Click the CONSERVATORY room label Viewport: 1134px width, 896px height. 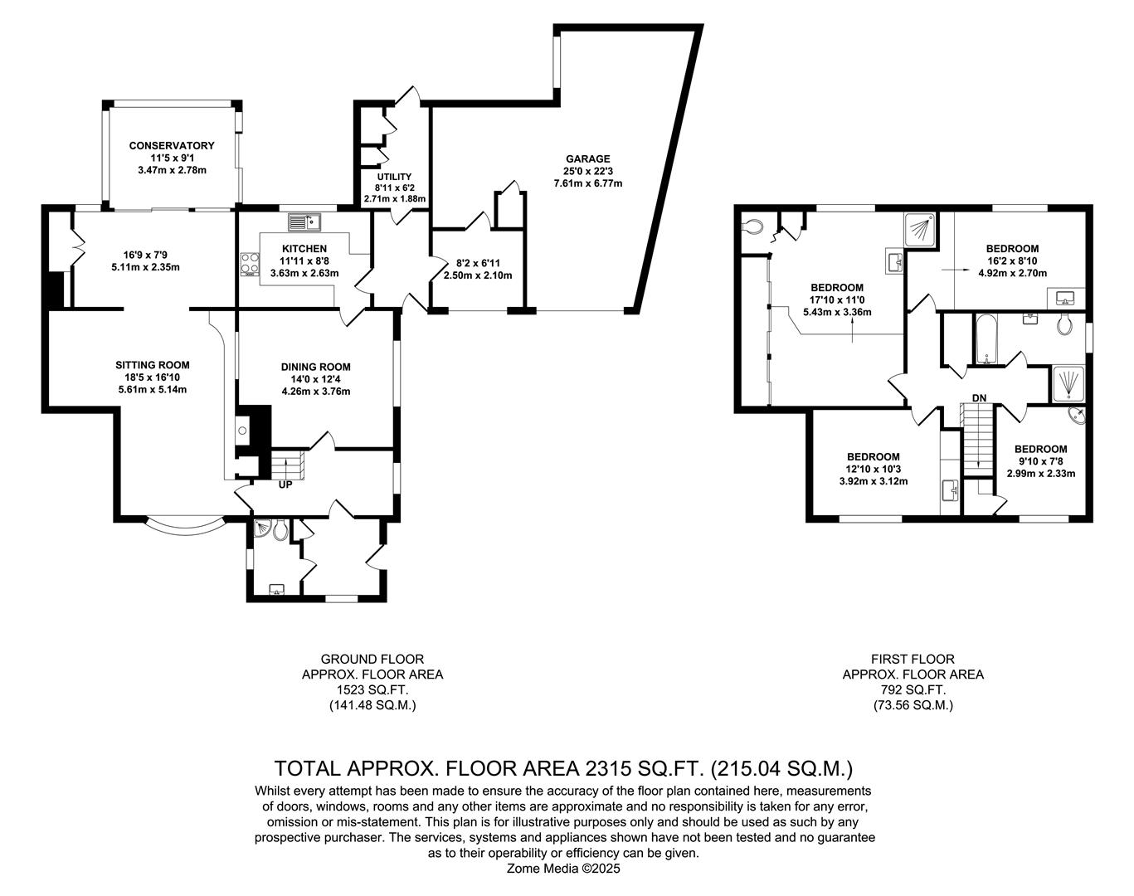coord(172,145)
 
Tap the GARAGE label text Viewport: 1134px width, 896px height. coord(587,158)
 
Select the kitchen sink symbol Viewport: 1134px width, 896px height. coord(304,222)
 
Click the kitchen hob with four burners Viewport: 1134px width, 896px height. coord(250,265)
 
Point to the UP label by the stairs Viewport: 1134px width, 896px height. coord(285,485)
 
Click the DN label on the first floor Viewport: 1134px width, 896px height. coord(979,398)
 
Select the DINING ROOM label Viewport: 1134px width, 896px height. coord(315,367)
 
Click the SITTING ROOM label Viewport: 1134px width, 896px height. coord(153,365)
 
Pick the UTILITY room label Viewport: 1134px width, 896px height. coord(394,177)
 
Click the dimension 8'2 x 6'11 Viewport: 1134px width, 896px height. coord(478,263)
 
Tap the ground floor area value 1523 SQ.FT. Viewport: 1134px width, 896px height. coord(372,689)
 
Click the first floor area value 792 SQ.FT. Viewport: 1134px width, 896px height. coord(913,689)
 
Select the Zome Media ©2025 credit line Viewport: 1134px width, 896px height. coord(563,869)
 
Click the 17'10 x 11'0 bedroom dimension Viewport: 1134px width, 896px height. coord(837,299)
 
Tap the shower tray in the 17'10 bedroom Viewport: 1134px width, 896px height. coord(921,231)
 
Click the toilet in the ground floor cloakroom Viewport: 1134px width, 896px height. coord(280,531)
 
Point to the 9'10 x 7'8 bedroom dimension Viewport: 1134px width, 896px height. coord(1041,461)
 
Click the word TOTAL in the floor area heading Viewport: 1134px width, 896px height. coord(307,769)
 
